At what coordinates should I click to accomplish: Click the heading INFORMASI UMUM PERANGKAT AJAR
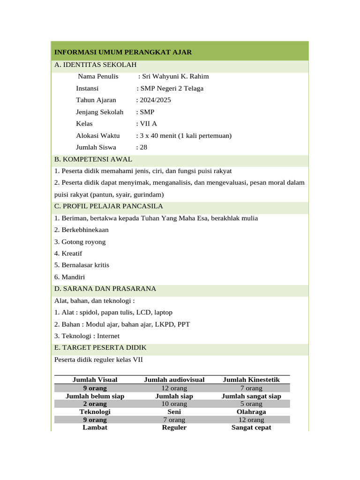tap(123, 52)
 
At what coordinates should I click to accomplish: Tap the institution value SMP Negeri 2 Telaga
tap(172, 88)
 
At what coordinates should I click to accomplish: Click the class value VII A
tap(146, 124)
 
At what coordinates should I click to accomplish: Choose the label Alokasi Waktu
tap(98, 135)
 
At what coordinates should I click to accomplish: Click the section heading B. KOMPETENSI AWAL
tap(93, 159)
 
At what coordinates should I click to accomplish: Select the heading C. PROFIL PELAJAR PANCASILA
tap(109, 206)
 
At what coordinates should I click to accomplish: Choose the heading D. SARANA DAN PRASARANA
tap(105, 288)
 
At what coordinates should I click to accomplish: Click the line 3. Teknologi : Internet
tap(87, 336)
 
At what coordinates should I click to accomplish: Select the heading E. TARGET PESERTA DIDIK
tap(100, 347)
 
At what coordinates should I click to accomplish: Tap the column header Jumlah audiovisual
tap(174, 380)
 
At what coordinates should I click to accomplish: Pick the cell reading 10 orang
tap(174, 404)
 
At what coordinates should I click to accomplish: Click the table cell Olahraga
tap(251, 412)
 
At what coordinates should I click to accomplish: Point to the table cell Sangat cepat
tap(251, 427)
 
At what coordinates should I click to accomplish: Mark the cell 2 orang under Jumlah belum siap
tap(95, 404)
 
